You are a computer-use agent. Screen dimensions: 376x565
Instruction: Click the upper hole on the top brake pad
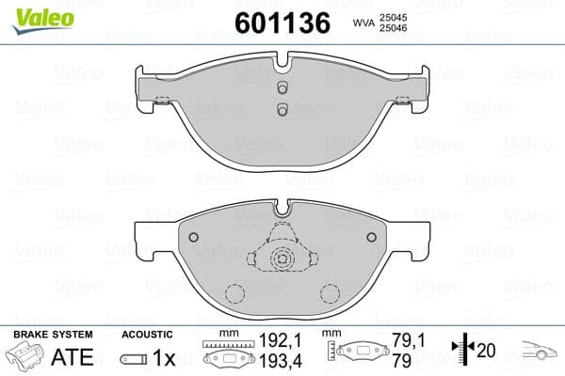(x=282, y=87)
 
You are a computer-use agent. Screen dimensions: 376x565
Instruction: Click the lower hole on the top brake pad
(x=282, y=109)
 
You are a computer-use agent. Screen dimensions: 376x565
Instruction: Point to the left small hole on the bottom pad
(x=192, y=237)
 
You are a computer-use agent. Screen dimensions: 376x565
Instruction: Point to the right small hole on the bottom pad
(x=371, y=237)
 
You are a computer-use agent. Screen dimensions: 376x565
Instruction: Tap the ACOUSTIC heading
(x=147, y=335)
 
